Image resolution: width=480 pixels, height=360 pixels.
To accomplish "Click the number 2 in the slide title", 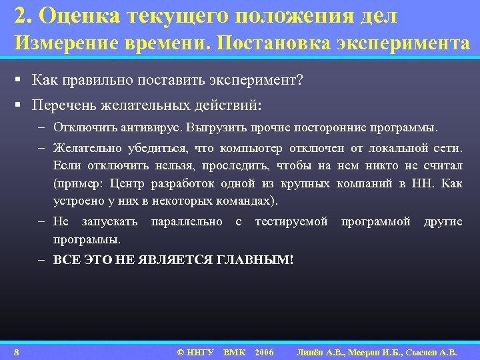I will pos(19,15).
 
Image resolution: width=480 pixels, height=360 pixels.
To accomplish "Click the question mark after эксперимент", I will pos(300,81).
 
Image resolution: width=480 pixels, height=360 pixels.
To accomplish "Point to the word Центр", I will pos(129,183).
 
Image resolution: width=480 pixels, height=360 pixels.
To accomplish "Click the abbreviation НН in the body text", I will pos(416,183).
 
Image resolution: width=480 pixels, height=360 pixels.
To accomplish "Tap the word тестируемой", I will pos(291,221).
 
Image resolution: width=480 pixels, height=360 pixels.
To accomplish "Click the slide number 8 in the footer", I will pos(16,351).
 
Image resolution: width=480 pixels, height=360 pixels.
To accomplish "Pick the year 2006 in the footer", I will pos(264,351).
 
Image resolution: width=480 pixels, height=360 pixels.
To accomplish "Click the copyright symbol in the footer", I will pos(180,351).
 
